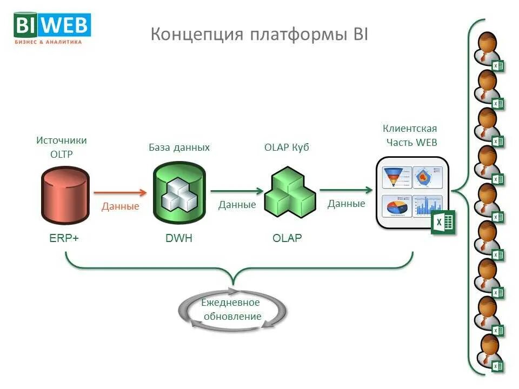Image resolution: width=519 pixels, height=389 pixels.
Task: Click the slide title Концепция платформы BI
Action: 259,34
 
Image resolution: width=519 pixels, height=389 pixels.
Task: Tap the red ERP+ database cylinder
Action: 64,195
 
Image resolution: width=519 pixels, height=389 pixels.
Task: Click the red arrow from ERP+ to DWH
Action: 120,192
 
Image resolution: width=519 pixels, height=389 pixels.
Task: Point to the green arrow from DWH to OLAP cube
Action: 237,191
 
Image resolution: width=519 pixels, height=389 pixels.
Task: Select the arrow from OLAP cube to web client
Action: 346,190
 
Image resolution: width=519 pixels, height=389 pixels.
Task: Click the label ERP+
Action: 64,238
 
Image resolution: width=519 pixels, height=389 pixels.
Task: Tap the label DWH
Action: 179,238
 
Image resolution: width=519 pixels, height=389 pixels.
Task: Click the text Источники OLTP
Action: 61,147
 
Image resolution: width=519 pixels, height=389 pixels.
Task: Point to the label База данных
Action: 179,147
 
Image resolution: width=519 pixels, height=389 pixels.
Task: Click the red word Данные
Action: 120,206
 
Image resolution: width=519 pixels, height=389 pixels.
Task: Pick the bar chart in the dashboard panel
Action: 428,206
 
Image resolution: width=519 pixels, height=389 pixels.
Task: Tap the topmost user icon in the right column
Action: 488,50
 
